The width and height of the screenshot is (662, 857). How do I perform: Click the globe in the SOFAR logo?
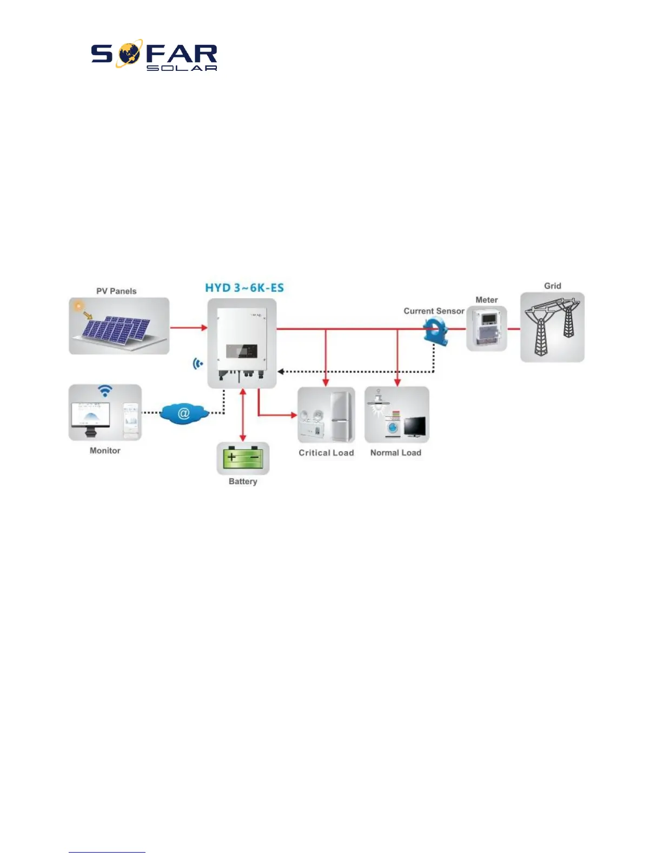click(x=129, y=54)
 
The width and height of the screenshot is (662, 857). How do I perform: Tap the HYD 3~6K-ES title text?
click(x=244, y=287)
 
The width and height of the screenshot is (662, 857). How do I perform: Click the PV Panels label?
click(x=116, y=291)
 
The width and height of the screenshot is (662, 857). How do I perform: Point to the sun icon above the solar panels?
click(x=80, y=306)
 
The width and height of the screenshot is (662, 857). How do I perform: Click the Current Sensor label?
click(x=434, y=311)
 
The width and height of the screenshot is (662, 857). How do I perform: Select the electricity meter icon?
click(x=487, y=328)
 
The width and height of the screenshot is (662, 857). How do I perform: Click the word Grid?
click(x=552, y=286)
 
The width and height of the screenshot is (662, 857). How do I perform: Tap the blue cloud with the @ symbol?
click(x=184, y=414)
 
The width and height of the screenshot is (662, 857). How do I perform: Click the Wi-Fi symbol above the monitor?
click(x=105, y=391)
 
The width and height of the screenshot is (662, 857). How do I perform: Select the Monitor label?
click(x=105, y=451)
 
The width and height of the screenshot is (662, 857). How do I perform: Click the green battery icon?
click(x=243, y=458)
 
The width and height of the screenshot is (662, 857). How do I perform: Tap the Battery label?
click(x=243, y=482)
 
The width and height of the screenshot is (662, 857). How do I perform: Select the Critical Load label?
click(x=326, y=453)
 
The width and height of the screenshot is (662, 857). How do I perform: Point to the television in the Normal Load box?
click(x=415, y=427)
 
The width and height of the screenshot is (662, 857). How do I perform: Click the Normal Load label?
click(x=395, y=453)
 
